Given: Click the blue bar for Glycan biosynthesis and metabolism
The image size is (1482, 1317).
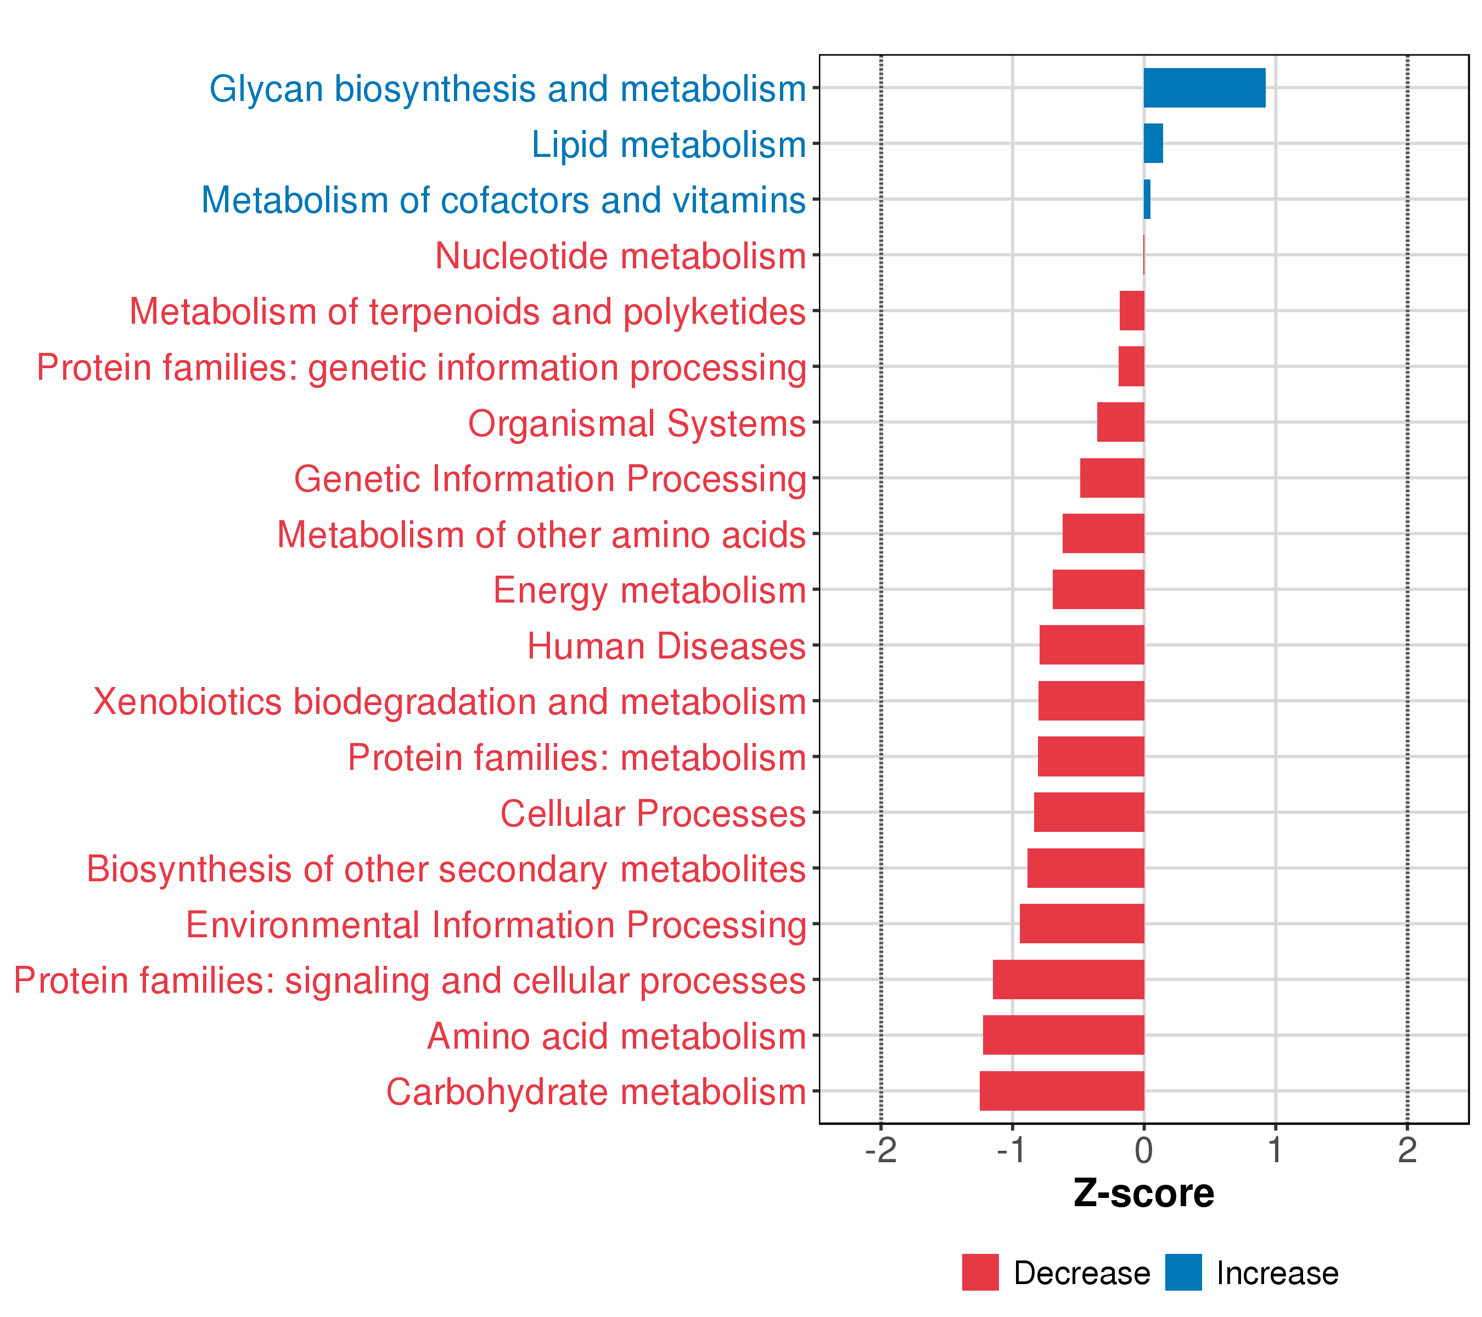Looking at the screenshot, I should (x=1204, y=88).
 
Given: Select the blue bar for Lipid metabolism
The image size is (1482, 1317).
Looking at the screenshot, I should (x=1153, y=144).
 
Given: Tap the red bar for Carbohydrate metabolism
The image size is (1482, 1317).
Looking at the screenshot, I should (x=1062, y=1090).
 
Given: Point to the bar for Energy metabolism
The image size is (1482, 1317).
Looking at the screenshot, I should (x=1098, y=589).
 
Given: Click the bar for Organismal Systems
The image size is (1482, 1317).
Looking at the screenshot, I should (x=1120, y=422).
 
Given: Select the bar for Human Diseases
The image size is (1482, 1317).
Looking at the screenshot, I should (x=1091, y=645).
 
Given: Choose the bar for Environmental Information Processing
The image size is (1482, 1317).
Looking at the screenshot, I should (x=1082, y=924).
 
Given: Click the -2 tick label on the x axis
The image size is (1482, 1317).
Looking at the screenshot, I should (x=880, y=1150).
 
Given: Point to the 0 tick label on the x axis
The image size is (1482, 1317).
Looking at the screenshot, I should (x=1143, y=1150).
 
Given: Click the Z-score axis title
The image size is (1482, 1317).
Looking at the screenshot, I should (x=1143, y=1194).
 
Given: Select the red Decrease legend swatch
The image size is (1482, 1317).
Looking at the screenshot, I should (x=980, y=1273).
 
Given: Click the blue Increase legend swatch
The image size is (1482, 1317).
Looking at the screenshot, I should (x=1183, y=1273).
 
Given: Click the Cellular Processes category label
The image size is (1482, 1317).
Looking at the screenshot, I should (x=653, y=813).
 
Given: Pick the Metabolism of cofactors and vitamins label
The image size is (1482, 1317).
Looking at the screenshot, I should (x=503, y=200).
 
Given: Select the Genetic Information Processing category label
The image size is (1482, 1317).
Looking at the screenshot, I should (x=549, y=479).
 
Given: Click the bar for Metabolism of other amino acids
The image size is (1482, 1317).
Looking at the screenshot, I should (x=1103, y=533).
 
